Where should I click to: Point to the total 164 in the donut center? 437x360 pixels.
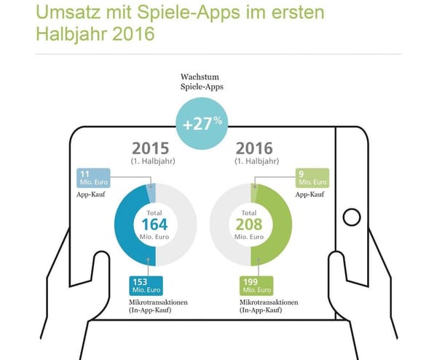tap(155, 224)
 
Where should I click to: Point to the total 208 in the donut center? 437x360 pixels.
tap(250, 224)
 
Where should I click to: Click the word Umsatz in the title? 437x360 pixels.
tap(73, 14)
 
